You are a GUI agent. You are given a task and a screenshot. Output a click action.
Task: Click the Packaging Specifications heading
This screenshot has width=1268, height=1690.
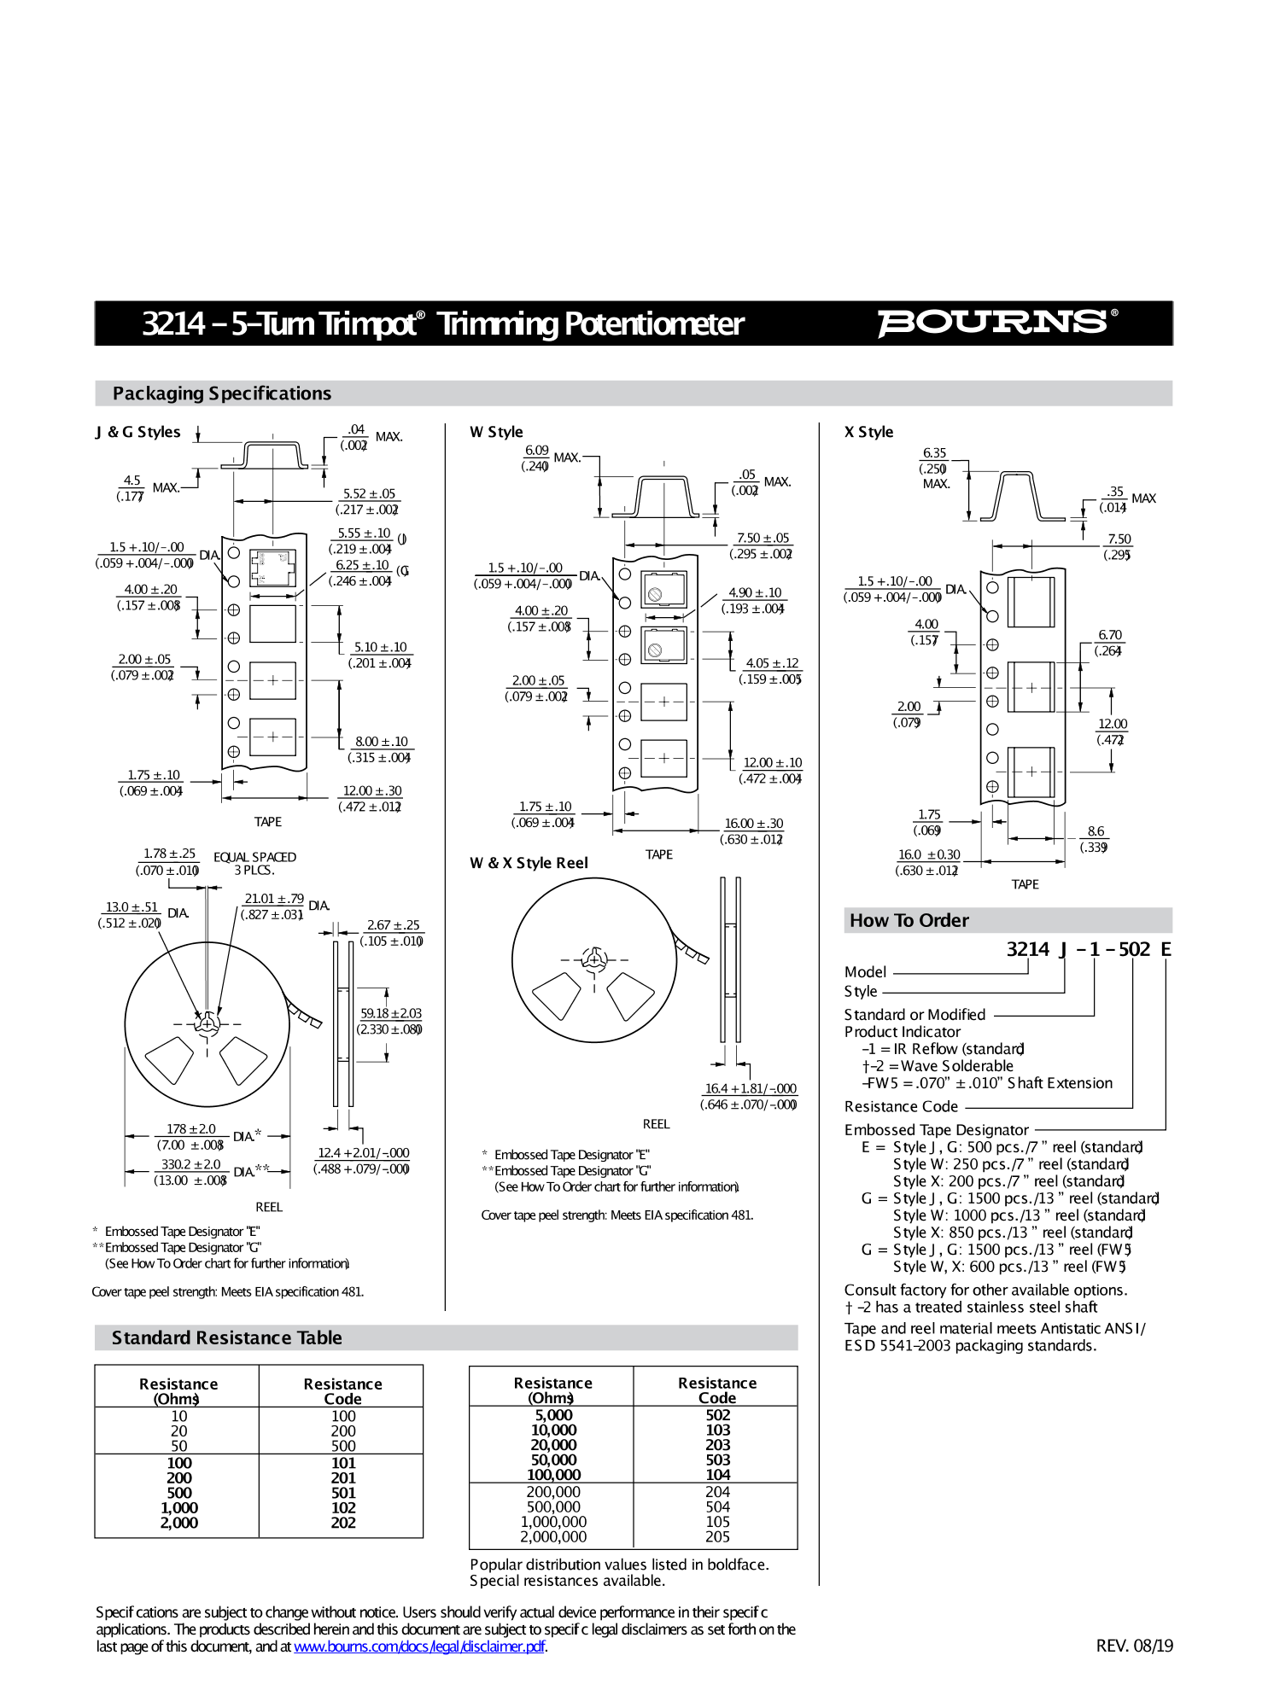coord(221,393)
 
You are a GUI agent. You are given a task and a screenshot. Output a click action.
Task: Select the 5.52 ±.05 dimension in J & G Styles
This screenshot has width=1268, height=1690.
coord(369,494)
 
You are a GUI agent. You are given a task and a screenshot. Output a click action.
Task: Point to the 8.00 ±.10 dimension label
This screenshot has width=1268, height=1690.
coord(382,742)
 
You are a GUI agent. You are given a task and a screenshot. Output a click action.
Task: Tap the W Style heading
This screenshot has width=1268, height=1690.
coord(496,432)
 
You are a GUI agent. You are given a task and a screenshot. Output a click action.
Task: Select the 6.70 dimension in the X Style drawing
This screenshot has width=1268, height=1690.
coord(1109,635)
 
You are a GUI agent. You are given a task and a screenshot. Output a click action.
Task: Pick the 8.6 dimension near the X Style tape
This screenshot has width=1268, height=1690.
coord(1096,831)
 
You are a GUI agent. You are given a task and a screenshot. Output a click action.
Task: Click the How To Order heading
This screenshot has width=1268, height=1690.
coord(909,920)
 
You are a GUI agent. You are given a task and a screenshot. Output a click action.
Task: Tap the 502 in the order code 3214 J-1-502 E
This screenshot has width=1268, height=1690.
coord(1134,949)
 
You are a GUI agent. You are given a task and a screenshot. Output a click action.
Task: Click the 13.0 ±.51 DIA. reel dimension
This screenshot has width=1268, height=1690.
coord(131,907)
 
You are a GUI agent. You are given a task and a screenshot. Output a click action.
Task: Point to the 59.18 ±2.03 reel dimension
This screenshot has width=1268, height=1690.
coord(390,1013)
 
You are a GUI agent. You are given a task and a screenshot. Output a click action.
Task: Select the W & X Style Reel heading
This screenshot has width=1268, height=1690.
coord(529,863)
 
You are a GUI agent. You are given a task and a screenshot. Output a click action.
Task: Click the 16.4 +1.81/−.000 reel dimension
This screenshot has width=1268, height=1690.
coord(750,1088)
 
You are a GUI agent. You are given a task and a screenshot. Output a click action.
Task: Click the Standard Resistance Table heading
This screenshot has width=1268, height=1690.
coord(226,1337)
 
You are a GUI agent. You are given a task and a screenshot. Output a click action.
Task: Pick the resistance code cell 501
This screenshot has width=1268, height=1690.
coord(343,1493)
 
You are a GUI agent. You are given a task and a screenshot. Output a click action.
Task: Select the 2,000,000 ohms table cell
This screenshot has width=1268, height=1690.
coord(553,1536)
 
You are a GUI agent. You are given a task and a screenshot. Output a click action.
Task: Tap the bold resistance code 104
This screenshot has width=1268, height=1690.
coord(717,1474)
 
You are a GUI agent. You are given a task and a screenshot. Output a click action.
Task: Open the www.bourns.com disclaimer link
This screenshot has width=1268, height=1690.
coord(419,1646)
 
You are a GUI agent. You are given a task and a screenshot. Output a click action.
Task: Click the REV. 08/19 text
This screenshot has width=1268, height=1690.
coord(1134,1646)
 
